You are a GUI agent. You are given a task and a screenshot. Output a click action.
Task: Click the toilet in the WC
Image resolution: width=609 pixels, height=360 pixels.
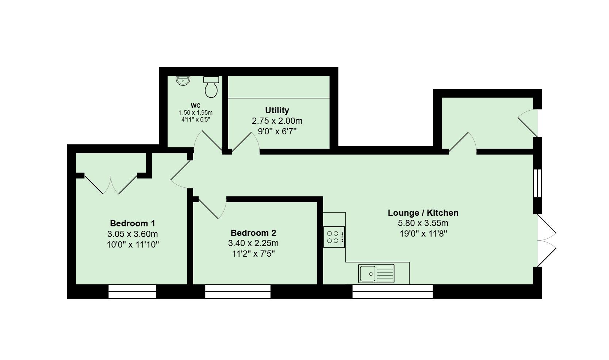pyautogui.click(x=211, y=87)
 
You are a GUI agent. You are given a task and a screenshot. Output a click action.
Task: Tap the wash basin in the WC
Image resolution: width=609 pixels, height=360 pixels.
pyautogui.click(x=183, y=81)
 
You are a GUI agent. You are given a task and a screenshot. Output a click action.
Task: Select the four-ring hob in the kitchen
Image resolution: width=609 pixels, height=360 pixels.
pyautogui.click(x=334, y=237)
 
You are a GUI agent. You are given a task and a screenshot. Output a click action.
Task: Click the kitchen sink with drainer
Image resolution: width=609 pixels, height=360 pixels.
pyautogui.click(x=376, y=273)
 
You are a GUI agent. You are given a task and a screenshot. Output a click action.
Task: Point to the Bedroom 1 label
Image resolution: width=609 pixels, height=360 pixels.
pyautogui.click(x=133, y=223)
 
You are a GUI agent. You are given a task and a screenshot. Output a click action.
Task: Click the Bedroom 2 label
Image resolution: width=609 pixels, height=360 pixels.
pyautogui.click(x=253, y=233)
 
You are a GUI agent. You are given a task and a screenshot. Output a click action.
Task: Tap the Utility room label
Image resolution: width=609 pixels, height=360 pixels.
pyautogui.click(x=277, y=110)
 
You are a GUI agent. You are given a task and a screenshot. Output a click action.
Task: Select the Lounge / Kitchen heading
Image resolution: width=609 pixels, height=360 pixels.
pyautogui.click(x=423, y=213)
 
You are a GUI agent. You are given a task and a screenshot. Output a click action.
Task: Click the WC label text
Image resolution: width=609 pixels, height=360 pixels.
pyautogui.click(x=196, y=106)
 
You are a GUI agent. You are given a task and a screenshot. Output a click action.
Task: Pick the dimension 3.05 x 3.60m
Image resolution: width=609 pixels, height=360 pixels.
pyautogui.click(x=133, y=234)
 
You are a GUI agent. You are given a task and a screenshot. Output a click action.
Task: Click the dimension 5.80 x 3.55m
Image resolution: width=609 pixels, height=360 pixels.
pyautogui.click(x=423, y=223)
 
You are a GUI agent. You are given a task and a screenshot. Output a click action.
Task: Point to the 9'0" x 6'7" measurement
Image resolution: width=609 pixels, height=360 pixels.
pyautogui.click(x=277, y=131)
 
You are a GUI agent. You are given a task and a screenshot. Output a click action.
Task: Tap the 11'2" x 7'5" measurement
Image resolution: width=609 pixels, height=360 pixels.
pyautogui.click(x=253, y=254)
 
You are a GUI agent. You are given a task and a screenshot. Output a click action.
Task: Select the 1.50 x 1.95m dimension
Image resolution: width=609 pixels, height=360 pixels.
pyautogui.click(x=196, y=112)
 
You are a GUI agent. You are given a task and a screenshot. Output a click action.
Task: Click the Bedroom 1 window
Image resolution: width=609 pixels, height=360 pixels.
pyautogui.click(x=133, y=291)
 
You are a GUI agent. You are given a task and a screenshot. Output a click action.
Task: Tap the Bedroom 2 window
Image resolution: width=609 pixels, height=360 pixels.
pyautogui.click(x=238, y=291)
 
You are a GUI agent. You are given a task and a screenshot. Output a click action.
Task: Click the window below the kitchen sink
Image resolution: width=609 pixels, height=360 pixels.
pyautogui.click(x=392, y=291)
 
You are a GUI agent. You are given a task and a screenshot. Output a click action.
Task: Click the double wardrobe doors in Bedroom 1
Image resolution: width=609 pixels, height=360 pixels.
pyautogui.click(x=111, y=184)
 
